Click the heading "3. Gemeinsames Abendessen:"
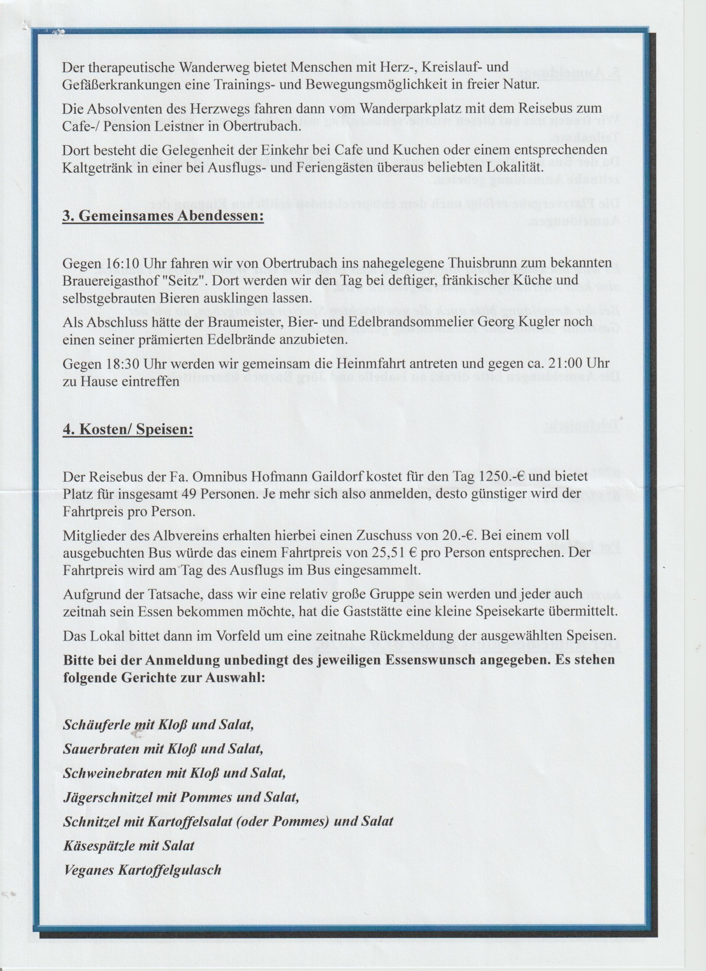click(x=163, y=215)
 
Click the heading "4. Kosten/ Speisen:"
click(x=128, y=429)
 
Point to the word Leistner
click(x=170, y=127)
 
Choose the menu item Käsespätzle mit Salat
click(x=129, y=845)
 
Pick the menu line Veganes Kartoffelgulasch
click(x=142, y=869)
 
